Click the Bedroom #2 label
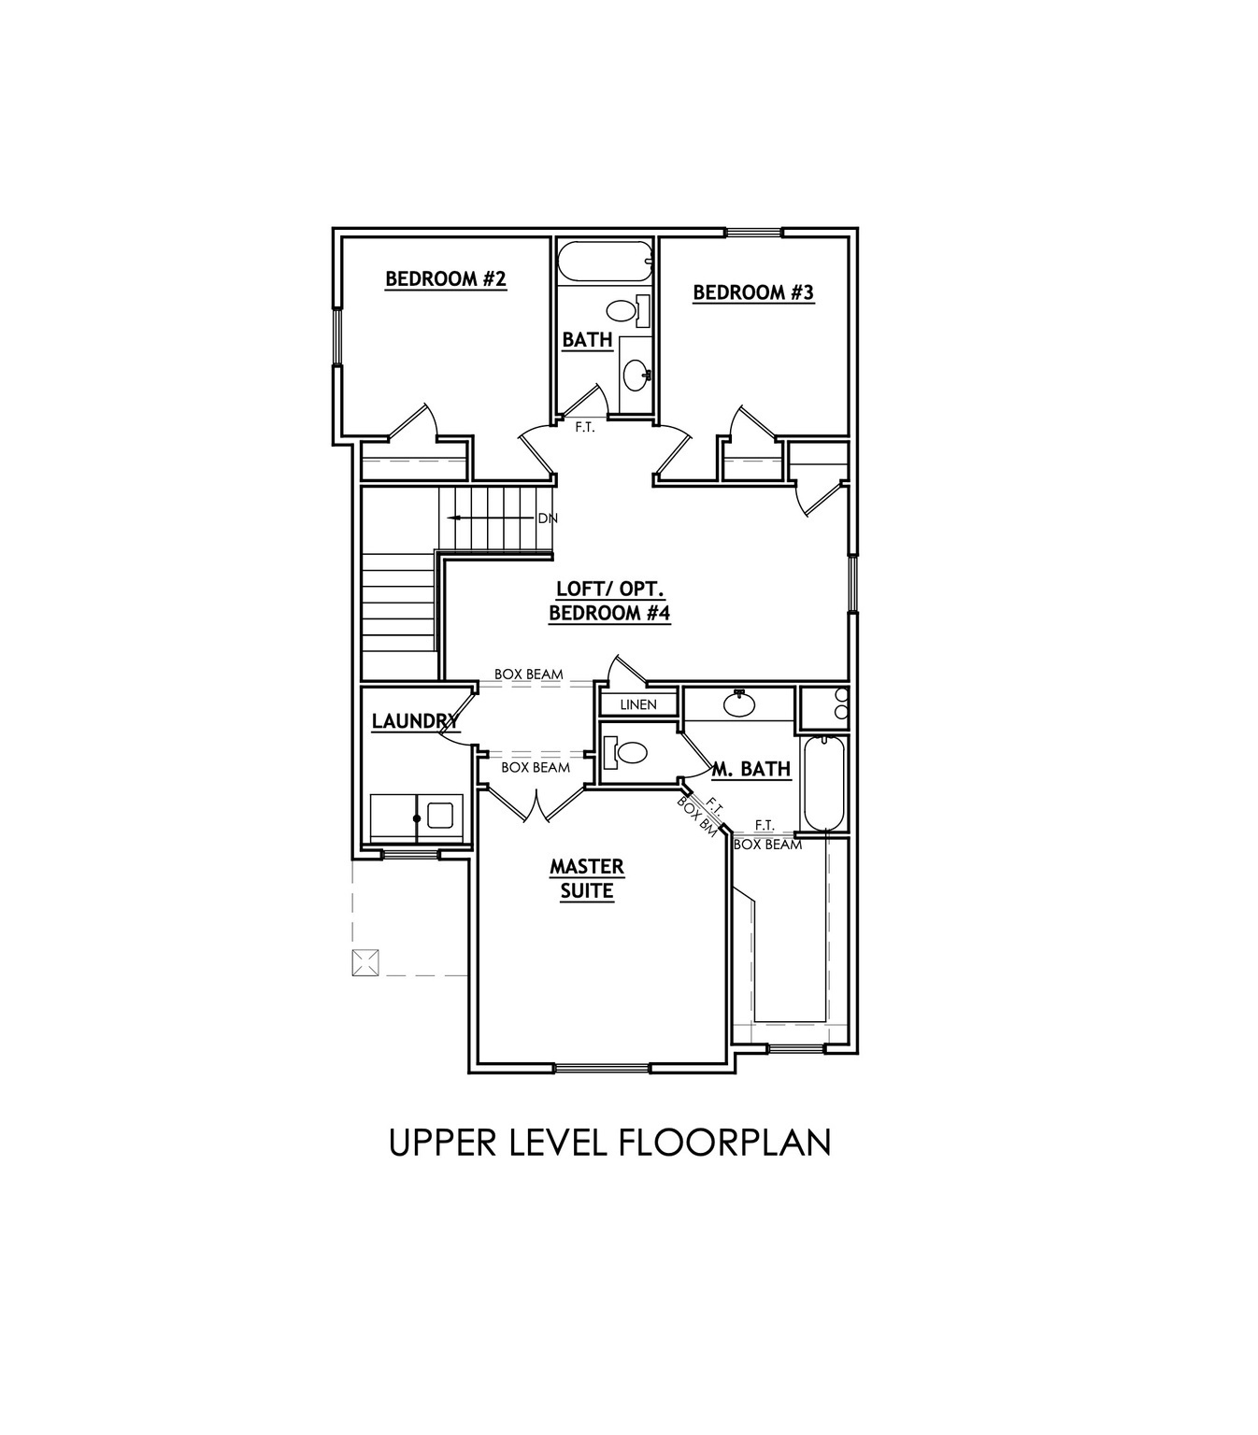click(446, 278)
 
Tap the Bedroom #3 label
click(753, 292)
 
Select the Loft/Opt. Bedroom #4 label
click(609, 601)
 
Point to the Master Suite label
click(587, 879)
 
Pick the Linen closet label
click(638, 704)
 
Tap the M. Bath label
click(751, 769)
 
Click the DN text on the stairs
click(547, 518)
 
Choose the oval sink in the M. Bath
click(740, 703)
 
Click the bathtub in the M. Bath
click(824, 783)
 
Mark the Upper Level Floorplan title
click(609, 1142)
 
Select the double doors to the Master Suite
click(536, 805)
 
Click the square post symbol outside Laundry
click(365, 962)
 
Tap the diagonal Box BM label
click(697, 816)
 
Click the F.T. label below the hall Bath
click(585, 428)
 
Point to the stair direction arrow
click(477, 518)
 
